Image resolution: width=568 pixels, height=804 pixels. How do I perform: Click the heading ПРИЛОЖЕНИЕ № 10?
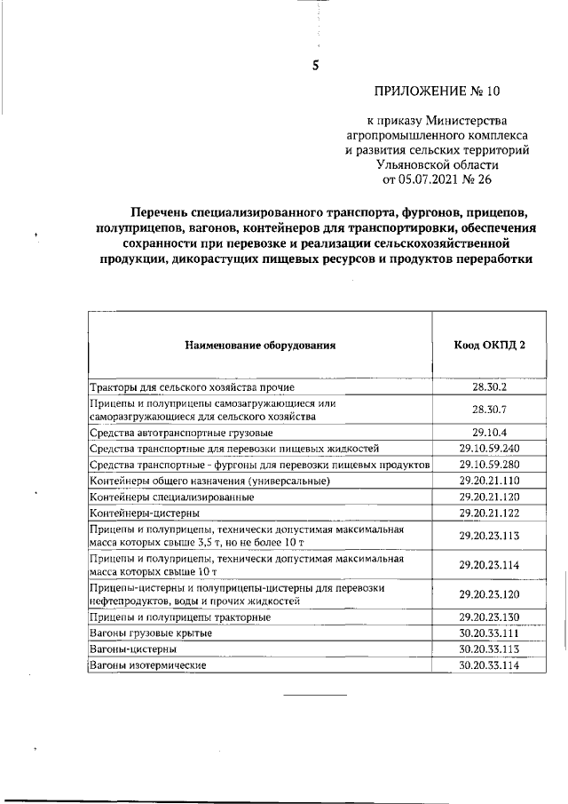(437, 92)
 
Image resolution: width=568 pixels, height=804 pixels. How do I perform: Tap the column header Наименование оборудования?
(260, 344)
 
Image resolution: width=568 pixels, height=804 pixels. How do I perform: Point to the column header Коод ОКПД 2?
(488, 344)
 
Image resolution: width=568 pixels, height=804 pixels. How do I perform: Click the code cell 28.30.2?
(488, 386)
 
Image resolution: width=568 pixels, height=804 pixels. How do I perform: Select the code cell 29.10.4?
(488, 433)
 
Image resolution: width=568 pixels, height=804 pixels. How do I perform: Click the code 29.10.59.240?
(488, 449)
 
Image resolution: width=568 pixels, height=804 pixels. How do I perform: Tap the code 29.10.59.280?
(488, 465)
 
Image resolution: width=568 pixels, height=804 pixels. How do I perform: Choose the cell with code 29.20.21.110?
(488, 481)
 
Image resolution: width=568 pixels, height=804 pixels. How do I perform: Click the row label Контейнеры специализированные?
(165, 497)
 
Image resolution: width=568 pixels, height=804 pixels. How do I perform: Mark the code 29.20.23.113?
(488, 536)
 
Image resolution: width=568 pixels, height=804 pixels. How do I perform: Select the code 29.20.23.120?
(488, 593)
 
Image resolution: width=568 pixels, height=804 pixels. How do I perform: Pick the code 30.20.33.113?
(488, 649)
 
